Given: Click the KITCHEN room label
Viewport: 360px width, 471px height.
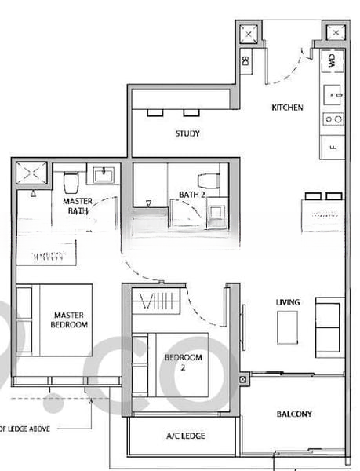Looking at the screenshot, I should pos(287,107).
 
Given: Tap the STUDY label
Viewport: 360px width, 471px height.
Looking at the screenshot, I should pos(187,133).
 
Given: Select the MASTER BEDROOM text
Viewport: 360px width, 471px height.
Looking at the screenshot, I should pos(69,318).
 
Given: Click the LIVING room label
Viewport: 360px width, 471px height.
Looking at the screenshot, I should pos(287,302).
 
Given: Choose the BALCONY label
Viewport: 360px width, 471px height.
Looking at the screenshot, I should pos(294,414).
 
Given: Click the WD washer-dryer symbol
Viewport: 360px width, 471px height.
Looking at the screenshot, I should pos(332,60).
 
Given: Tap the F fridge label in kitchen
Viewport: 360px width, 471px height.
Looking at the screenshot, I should pos(333,147).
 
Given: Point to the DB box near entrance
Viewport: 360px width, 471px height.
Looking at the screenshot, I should pos(245,60).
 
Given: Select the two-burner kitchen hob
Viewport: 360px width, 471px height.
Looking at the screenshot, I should pos(332,119).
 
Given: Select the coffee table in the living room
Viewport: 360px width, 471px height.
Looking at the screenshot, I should pos(287,327).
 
